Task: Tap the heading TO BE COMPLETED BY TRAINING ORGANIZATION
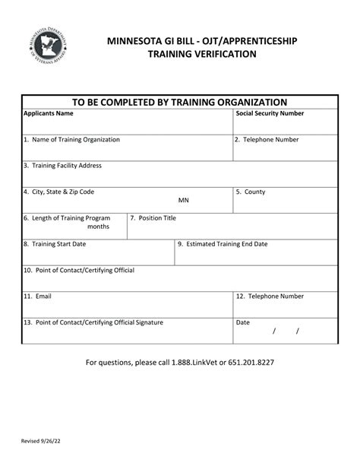[x=179, y=102]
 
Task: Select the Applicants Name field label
[x=49, y=114]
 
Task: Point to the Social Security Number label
[x=270, y=114]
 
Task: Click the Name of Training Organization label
[x=71, y=140]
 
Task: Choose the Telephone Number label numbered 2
[x=267, y=140]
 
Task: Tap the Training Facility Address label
[x=62, y=166]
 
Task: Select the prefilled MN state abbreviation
[x=184, y=201]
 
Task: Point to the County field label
[x=251, y=192]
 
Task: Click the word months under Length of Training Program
[x=98, y=227]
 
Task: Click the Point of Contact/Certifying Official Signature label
[x=93, y=322]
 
